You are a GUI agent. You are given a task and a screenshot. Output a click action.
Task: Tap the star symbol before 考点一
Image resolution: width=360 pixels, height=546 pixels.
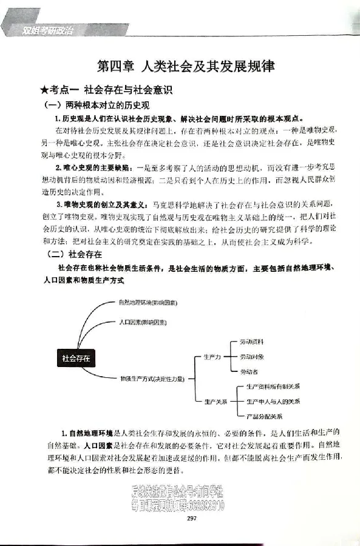tap(43, 91)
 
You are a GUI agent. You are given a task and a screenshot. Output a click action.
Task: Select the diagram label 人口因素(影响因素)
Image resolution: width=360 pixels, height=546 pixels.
tap(143, 322)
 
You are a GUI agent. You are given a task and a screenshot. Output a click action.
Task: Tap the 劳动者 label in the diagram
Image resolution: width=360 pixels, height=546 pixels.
tap(248, 371)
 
